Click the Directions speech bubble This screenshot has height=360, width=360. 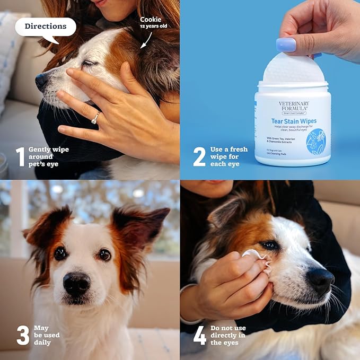pos(45,27)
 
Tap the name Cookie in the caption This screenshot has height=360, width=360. pos(151,20)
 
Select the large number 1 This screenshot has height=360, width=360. pos(20,157)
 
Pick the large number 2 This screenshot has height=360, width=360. pos(199,157)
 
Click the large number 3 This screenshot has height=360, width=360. pos(22,335)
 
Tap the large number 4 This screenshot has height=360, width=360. pos(199,335)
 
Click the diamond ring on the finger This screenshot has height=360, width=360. pos(95,118)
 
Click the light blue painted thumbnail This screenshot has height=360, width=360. pos(286,45)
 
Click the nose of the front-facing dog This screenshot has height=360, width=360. pos(76,284)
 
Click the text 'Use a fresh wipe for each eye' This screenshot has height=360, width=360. pos(229,157)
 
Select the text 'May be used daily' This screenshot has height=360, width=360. pos(47,335)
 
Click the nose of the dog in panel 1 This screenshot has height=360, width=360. pos(41,81)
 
